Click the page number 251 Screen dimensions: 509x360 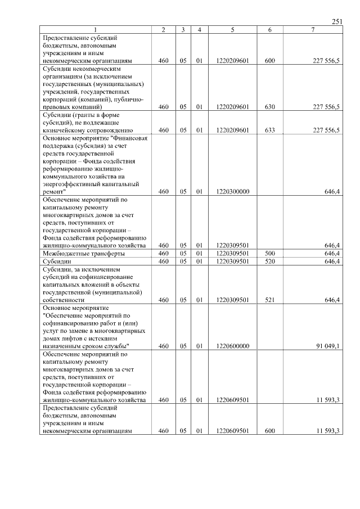point(337,22)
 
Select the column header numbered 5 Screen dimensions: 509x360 point(232,30)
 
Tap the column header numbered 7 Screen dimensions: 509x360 point(313,30)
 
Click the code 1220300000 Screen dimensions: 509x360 point(232,191)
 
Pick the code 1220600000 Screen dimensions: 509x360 point(232,346)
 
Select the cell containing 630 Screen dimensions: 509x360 point(270,106)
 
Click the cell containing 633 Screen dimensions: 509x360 point(270,130)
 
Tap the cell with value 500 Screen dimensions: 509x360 point(270,254)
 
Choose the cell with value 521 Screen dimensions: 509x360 point(270,300)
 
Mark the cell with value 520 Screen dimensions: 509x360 point(270,262)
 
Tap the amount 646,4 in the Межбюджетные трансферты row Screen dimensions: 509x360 point(332,254)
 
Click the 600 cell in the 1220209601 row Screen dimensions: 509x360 point(270,60)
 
